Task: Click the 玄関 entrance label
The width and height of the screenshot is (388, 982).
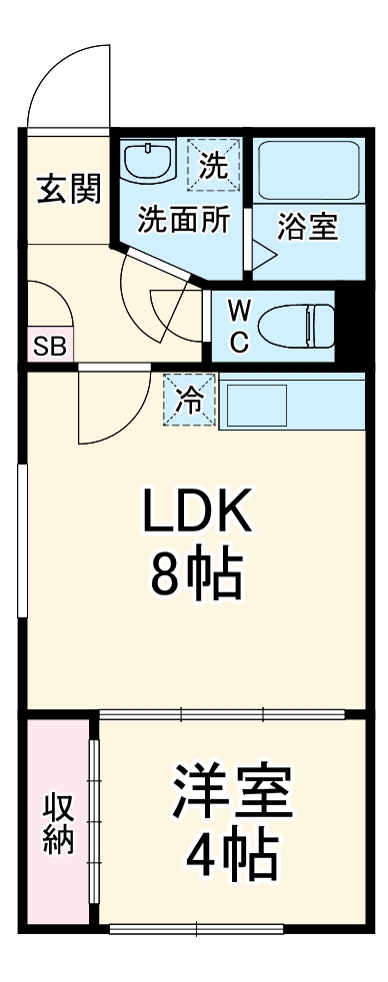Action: pyautogui.click(x=69, y=189)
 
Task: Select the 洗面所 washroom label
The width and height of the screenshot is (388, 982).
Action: pyautogui.click(x=184, y=220)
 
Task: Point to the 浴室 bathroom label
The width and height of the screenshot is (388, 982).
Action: pyautogui.click(x=307, y=227)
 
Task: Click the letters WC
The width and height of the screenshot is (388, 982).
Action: pyautogui.click(x=238, y=325)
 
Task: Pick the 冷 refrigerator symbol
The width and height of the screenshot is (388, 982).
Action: pyautogui.click(x=190, y=399)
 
